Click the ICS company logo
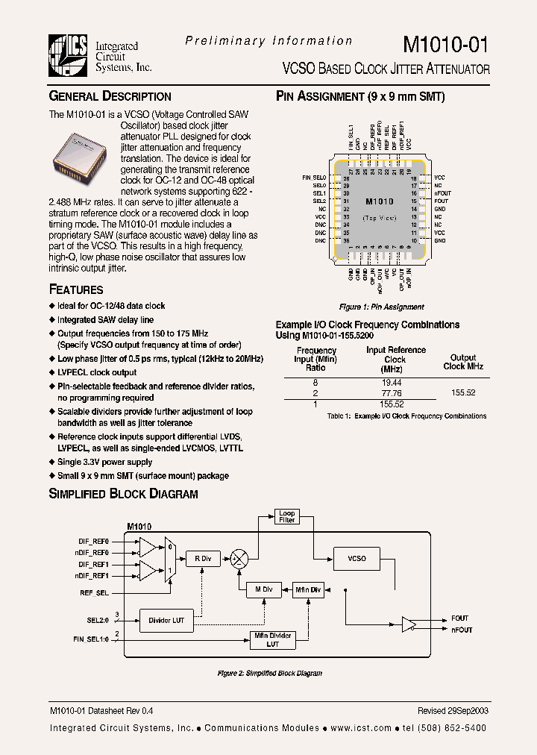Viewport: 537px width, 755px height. [69, 55]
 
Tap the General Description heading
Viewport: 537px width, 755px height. [110, 96]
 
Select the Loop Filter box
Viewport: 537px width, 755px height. [286, 516]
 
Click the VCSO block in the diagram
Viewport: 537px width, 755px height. [357, 558]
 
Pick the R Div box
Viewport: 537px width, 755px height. [202, 558]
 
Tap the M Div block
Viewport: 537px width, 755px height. [263, 589]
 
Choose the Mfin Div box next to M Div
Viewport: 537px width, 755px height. [307, 589]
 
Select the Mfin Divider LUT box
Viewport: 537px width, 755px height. [271, 639]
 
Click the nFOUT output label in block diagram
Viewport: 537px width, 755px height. [462, 630]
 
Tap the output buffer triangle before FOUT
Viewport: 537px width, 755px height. [409, 624]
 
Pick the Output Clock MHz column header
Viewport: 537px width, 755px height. [463, 362]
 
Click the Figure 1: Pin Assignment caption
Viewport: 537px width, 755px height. [382, 307]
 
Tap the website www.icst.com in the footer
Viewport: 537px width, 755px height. [361, 728]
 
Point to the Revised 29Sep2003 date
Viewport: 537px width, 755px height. [453, 711]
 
